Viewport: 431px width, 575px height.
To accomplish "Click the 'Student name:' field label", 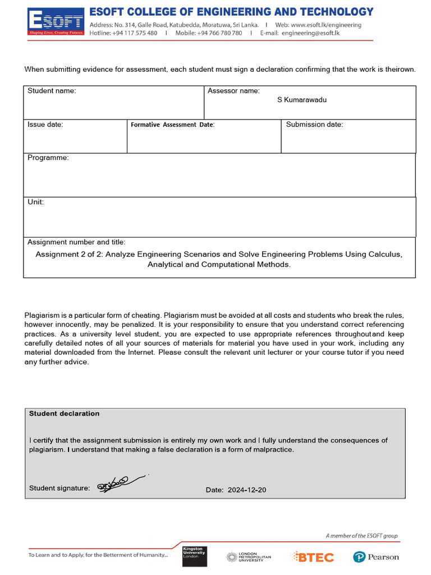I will pos(52,91).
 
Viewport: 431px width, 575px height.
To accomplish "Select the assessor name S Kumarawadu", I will pos(302,100).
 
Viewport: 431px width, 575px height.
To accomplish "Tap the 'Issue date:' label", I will pos(45,125).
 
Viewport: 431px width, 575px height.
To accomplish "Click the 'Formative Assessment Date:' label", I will pos(173,125).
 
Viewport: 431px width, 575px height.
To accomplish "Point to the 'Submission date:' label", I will pos(314,125).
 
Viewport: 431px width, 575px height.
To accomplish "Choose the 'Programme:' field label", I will pos(48,158).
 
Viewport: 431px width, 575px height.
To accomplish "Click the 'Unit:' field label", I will pos(36,202).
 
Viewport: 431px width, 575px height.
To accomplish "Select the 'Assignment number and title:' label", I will pos(76,242).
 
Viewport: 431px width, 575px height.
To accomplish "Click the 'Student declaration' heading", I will pos(64,413).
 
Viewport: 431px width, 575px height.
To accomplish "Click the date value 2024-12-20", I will pos(247,490).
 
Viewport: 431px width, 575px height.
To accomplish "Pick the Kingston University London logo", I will pos(194,555).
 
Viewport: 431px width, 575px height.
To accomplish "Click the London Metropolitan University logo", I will pos(249,556).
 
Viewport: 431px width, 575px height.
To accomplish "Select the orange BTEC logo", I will pos(312,556).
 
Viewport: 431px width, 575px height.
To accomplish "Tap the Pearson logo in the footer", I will pos(376,557).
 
